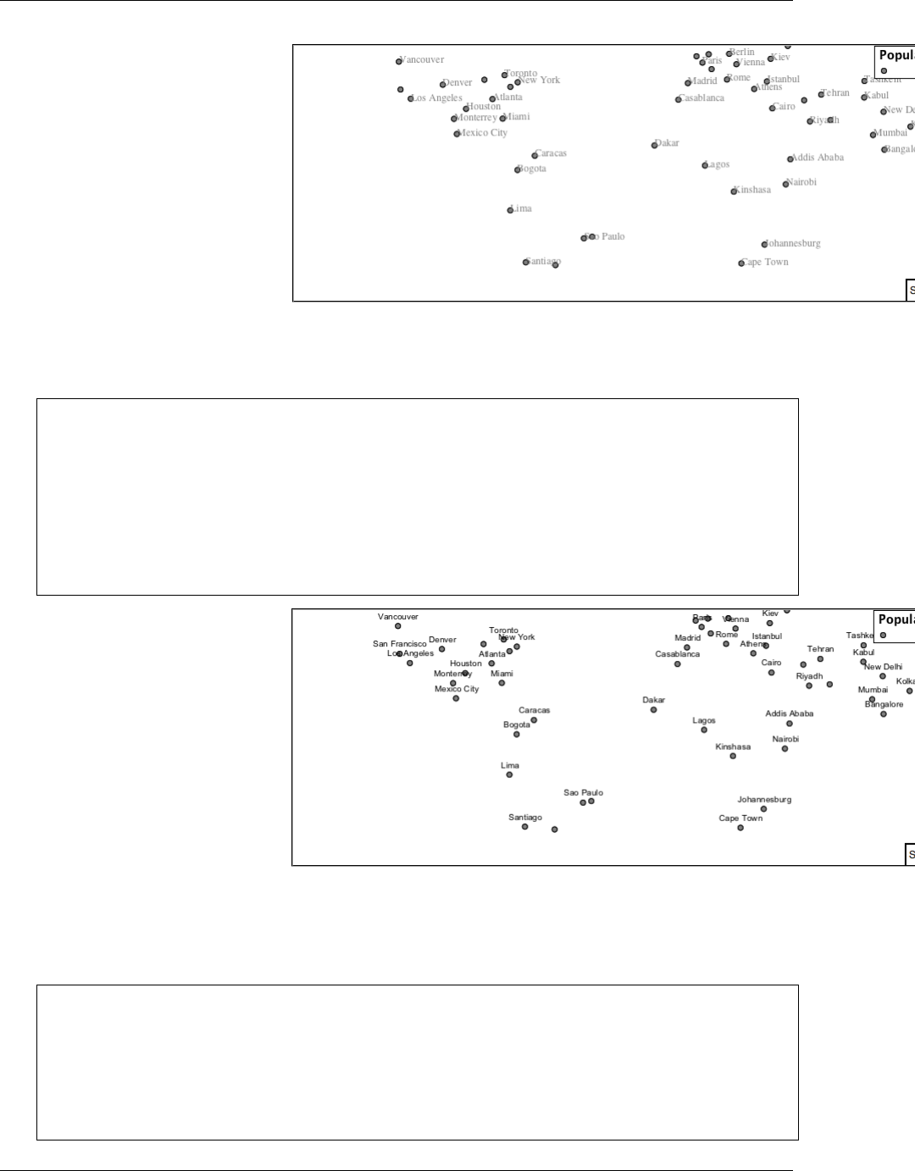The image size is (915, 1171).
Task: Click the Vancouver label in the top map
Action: (x=422, y=60)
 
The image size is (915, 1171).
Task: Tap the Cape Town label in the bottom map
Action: (x=740, y=819)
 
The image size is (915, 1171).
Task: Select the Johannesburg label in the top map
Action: (x=793, y=244)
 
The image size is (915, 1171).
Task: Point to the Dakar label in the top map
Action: (x=668, y=143)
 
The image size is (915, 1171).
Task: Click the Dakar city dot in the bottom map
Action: (x=653, y=710)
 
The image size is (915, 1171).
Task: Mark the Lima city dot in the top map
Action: (x=510, y=210)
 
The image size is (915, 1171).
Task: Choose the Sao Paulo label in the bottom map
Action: (x=583, y=793)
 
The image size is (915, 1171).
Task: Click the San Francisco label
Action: (x=400, y=644)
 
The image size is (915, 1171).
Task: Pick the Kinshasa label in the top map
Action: (x=753, y=190)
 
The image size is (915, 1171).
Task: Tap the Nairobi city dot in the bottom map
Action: (x=785, y=749)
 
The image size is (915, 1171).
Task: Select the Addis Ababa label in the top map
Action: (x=818, y=158)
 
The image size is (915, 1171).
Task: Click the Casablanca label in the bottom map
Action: (x=678, y=654)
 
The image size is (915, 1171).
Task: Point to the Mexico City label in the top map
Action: (x=483, y=133)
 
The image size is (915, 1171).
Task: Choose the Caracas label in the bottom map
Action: (x=535, y=710)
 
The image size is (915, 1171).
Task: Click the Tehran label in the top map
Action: (x=835, y=93)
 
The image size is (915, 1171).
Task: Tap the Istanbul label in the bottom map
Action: (x=767, y=636)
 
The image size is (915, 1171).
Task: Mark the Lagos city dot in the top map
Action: (x=705, y=166)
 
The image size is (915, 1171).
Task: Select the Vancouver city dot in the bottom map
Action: (x=398, y=626)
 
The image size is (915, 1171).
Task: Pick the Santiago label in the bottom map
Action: (x=525, y=818)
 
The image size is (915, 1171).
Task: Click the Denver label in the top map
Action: (x=457, y=83)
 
